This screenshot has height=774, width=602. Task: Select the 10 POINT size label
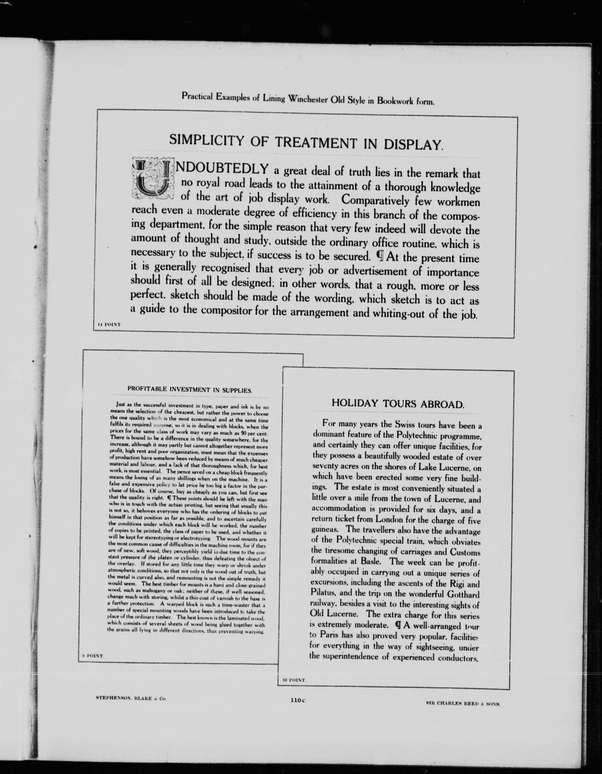point(294,680)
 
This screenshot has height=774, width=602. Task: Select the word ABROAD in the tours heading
point(442,404)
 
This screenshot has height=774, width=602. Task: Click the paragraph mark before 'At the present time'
point(380,256)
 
